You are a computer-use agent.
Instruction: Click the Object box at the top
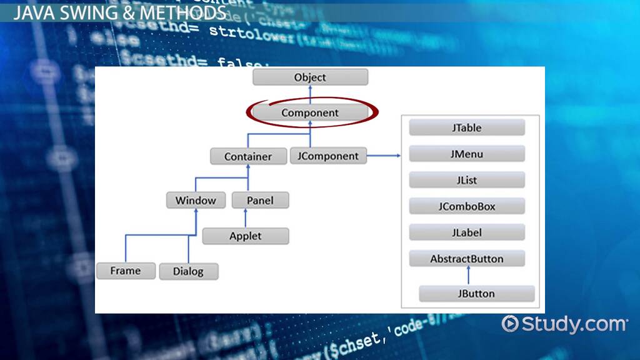[x=310, y=77]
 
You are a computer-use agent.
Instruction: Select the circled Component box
[x=310, y=113]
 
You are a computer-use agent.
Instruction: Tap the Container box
[x=248, y=156]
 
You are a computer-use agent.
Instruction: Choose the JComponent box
[x=328, y=156]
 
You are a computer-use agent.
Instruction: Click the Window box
[x=196, y=201]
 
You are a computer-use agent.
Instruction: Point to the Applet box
[x=246, y=236]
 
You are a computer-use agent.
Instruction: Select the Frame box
[x=126, y=271]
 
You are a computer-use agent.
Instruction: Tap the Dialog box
[x=187, y=271]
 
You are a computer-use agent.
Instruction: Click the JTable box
[x=467, y=128]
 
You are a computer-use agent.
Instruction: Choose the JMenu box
[x=467, y=154]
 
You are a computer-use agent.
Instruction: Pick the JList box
[x=467, y=181]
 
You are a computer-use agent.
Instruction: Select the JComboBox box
[x=467, y=206]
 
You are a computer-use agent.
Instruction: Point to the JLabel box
[x=467, y=232]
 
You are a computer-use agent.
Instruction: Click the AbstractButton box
[x=467, y=259]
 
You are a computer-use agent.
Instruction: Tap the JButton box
[x=476, y=294]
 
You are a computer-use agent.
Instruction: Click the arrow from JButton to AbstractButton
[x=468, y=276]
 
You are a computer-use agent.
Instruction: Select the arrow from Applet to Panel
[x=246, y=218]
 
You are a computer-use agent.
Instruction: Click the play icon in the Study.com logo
[x=511, y=324]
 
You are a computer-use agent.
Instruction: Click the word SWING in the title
[x=77, y=13]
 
